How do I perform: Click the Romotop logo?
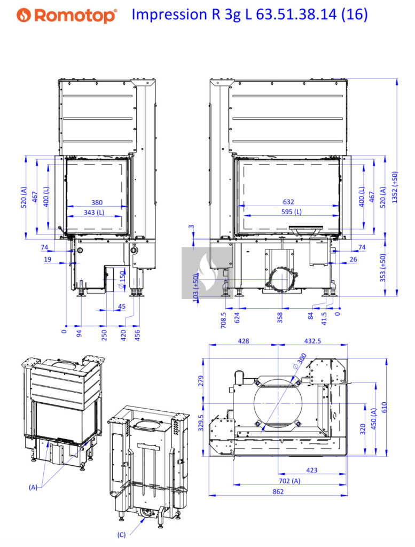(67, 15)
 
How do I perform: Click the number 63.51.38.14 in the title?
(296, 14)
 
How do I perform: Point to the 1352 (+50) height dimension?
(394, 187)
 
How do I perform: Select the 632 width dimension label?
(288, 201)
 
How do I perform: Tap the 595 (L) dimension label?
(292, 212)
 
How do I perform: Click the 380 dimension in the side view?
(97, 202)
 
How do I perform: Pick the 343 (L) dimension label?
(94, 212)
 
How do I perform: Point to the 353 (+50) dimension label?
(383, 268)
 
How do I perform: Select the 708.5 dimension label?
(224, 320)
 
